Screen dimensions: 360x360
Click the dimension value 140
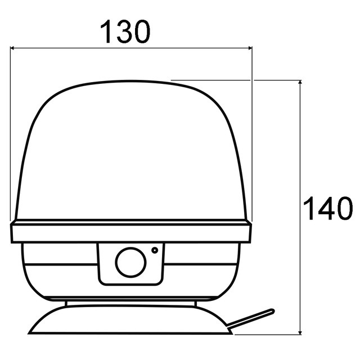pos(327,209)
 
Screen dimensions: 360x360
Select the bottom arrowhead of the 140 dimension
pos(301,330)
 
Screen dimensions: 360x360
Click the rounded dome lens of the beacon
pos(130,152)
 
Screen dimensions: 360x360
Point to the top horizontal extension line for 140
pos(236,80)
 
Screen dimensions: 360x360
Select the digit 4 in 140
pos(327,209)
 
